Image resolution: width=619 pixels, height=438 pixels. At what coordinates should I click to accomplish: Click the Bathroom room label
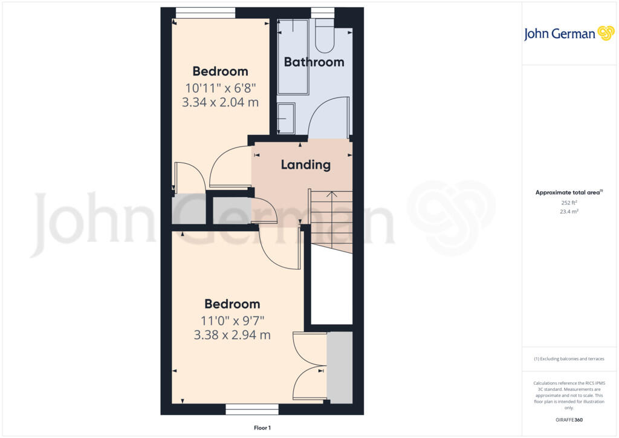pyautogui.click(x=314, y=62)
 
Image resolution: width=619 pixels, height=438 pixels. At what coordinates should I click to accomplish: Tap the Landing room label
pyautogui.click(x=306, y=164)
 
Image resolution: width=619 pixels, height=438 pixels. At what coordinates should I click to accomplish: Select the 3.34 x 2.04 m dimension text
pyautogui.click(x=220, y=102)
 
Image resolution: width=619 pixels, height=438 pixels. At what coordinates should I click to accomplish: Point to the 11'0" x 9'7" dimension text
pyautogui.click(x=232, y=320)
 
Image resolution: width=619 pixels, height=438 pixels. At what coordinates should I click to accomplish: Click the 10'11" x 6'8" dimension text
pyautogui.click(x=220, y=87)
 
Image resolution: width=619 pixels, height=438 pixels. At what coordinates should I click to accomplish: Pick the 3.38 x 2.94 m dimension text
pyautogui.click(x=232, y=335)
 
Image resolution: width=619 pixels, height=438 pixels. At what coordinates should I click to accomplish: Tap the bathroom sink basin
pyautogui.click(x=286, y=117)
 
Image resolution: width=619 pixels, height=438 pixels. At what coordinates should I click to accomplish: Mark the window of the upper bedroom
pyautogui.click(x=205, y=13)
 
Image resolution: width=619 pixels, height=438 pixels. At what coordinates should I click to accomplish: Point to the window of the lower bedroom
pyautogui.click(x=252, y=410)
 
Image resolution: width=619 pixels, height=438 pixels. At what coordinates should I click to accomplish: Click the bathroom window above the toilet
pyautogui.click(x=322, y=11)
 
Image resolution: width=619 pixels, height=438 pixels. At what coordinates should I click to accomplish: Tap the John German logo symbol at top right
pyautogui.click(x=605, y=33)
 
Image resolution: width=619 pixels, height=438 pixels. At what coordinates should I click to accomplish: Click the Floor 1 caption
pyautogui.click(x=262, y=428)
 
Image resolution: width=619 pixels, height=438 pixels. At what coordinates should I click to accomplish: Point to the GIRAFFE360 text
pyautogui.click(x=569, y=419)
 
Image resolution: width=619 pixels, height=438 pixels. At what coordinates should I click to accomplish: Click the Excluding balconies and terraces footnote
pyautogui.click(x=569, y=359)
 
